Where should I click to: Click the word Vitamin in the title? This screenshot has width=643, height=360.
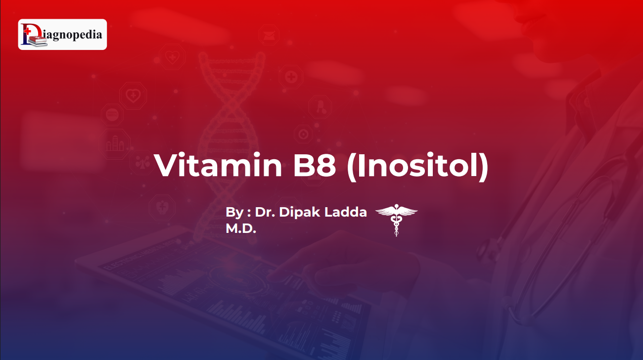218,165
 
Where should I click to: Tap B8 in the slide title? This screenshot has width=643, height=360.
314,165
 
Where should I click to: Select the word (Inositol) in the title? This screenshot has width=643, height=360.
417,167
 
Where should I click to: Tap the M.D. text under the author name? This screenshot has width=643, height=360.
241,228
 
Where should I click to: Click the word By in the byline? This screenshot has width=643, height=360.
234,213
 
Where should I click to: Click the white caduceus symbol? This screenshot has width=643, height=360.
396,220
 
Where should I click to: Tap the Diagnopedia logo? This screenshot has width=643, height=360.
63,35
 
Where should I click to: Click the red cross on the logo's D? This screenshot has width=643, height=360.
27,31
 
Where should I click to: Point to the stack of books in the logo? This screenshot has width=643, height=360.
38,41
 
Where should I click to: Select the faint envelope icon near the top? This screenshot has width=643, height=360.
269,35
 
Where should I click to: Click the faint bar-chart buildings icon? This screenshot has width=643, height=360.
115,143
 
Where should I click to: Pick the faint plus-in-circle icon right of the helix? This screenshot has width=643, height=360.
291,77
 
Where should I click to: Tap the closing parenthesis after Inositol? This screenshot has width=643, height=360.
484,167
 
